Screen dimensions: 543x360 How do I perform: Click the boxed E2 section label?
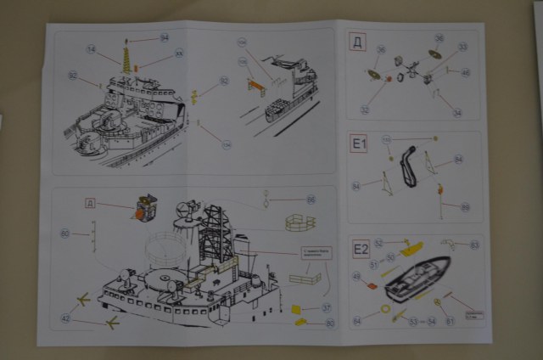tap(361, 250)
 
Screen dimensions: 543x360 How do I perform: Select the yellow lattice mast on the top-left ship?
tap(129, 59)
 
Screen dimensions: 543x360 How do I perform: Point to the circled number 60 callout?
tap(64, 233)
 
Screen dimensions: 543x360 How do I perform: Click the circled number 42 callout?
tap(65, 319)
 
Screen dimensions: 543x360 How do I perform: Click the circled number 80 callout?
tap(330, 323)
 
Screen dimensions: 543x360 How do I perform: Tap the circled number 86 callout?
tap(311, 200)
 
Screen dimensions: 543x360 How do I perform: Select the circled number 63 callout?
tap(474, 245)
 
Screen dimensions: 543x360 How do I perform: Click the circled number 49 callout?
tap(356, 276)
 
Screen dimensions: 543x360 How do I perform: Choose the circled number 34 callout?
tap(456, 111)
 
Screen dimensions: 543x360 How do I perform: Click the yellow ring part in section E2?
tap(396, 309)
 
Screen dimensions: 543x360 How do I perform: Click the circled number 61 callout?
tap(450, 320)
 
